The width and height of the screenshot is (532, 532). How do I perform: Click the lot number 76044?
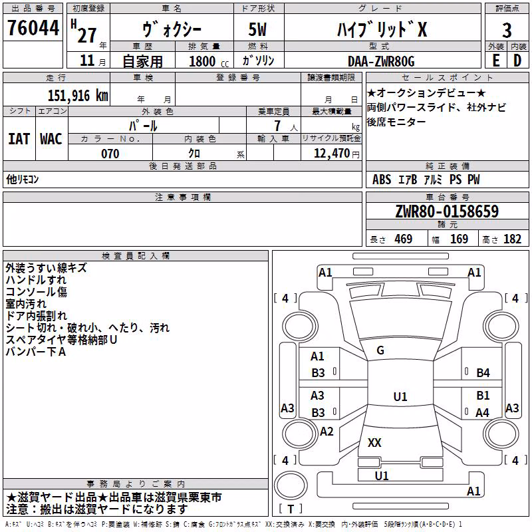33,27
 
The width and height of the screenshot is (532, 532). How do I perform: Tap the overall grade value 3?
507,31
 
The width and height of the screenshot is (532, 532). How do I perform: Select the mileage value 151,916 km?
78,96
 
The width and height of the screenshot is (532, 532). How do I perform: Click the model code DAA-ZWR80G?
381,61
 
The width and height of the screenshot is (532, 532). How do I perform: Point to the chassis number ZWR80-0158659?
447,211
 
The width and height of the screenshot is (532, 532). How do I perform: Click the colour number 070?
110,154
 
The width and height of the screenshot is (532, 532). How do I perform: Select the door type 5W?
257,29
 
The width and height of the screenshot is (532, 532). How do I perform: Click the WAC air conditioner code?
51,139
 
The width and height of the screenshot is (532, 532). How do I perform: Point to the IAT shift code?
19,139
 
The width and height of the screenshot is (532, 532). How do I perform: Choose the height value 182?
512,239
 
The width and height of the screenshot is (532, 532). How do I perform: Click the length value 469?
404,239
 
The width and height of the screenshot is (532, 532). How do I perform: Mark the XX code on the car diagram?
374,442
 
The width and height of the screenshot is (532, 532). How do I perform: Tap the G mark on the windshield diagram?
380,350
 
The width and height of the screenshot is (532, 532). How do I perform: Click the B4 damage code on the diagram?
483,373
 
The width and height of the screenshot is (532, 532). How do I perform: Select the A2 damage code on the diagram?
327,432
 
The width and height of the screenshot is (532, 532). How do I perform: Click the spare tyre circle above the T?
291,485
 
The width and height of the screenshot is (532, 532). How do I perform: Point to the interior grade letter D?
517,61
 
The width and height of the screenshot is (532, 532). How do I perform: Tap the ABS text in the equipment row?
382,180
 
